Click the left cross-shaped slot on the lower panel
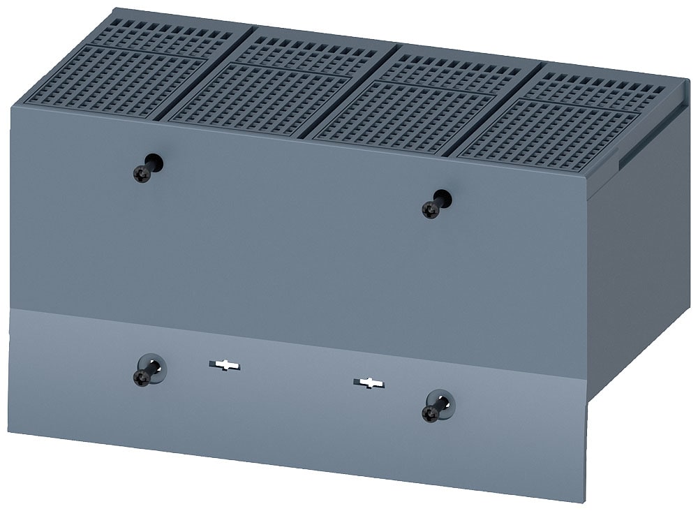tap(224, 365)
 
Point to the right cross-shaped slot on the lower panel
tap(368, 383)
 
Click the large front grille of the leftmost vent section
tap(119, 81)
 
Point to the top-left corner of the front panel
tap(11, 107)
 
